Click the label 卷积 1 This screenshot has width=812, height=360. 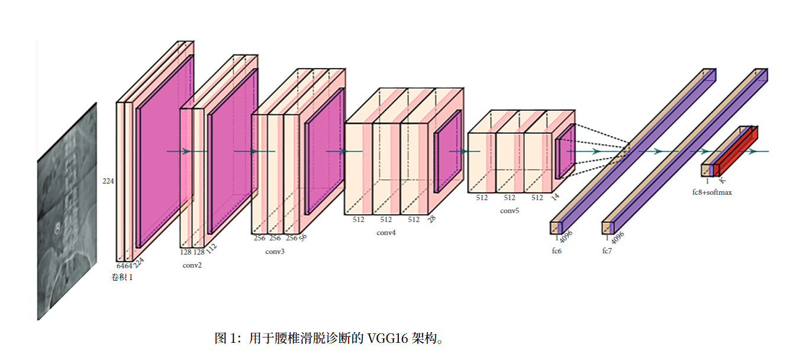pyautogui.click(x=123, y=277)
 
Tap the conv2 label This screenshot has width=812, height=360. pyautogui.click(x=192, y=265)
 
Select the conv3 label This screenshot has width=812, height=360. pyautogui.click(x=275, y=252)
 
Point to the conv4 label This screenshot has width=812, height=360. pyautogui.click(x=386, y=233)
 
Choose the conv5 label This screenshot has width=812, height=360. pyautogui.click(x=509, y=211)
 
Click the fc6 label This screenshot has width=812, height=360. pyautogui.click(x=556, y=251)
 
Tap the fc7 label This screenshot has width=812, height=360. pyautogui.click(x=607, y=251)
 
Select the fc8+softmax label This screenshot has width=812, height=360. pyautogui.click(x=712, y=192)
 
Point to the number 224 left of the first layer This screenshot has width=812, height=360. pyautogui.click(x=108, y=181)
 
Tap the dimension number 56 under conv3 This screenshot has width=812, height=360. pyautogui.click(x=303, y=237)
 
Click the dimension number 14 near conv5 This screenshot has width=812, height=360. pyautogui.click(x=555, y=197)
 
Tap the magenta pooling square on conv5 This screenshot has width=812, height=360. pyautogui.click(x=565, y=151)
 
